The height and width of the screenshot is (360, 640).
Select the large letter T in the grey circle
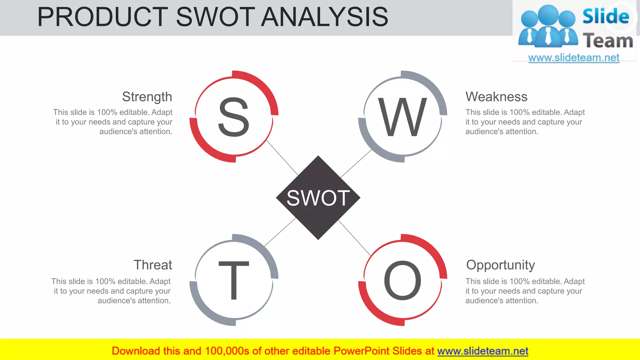(234, 280)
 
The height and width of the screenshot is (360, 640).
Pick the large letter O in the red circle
(402, 280)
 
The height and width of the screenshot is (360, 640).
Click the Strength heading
(147, 97)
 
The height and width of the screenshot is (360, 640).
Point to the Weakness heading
(496, 97)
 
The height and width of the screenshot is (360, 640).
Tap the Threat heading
(153, 265)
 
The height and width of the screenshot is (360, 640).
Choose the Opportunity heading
(500, 265)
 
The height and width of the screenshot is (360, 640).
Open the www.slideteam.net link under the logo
(574, 58)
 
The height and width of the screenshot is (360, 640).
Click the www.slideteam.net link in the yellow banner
(482, 351)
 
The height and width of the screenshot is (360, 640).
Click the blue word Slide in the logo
(606, 16)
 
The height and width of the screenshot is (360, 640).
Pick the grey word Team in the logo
(608, 41)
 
